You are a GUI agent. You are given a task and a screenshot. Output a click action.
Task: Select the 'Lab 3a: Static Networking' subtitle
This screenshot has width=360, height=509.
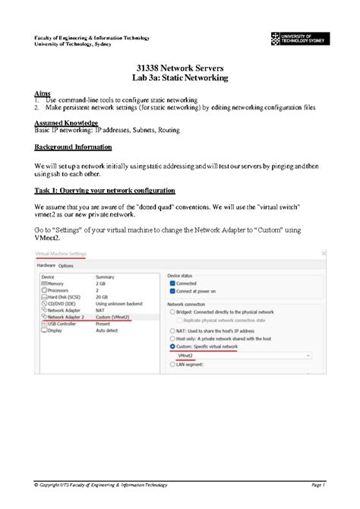179,78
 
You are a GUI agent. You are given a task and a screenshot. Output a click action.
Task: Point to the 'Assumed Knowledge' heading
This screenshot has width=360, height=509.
66,122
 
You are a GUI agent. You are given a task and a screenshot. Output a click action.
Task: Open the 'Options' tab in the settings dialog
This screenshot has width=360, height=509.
66,266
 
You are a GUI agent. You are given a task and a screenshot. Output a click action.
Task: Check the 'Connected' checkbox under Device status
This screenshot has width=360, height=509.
172,283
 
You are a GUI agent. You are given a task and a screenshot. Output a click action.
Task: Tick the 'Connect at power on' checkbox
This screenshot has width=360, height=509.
172,291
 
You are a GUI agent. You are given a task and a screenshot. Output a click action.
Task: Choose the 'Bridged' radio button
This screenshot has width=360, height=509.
172,312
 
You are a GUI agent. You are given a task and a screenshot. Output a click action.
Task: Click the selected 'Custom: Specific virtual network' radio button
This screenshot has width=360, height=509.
172,346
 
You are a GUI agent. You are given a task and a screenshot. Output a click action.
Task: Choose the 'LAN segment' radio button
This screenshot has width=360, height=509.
172,365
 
